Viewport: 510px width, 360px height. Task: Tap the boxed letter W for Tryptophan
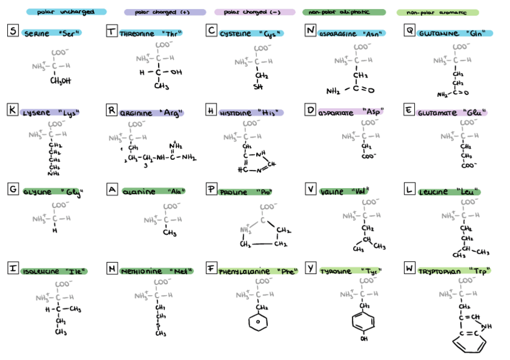(409, 268)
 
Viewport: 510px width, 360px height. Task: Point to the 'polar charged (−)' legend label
(254, 12)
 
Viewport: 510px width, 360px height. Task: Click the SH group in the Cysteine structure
(259, 87)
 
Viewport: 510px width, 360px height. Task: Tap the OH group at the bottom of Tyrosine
(363, 339)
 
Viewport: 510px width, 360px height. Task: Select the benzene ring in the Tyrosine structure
(363, 320)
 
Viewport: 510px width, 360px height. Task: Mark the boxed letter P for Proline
(211, 189)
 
